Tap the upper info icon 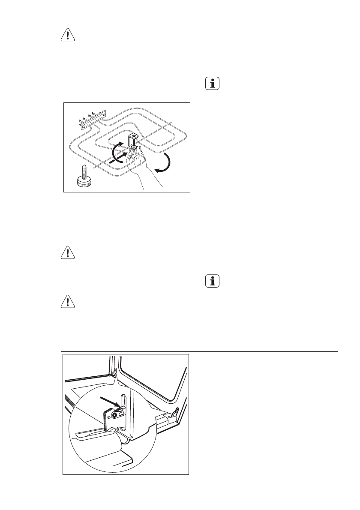pos(212,83)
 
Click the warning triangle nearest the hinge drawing pos(67,302)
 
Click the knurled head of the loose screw pos(84,183)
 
